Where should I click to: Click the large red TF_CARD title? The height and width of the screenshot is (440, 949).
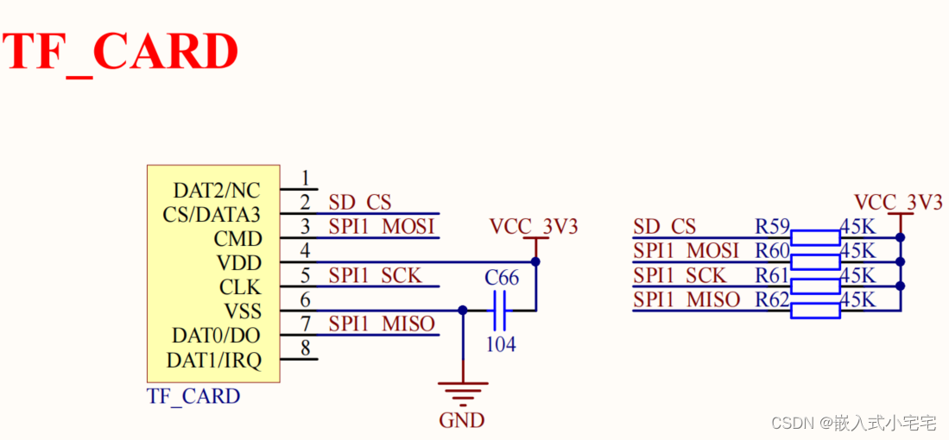(x=121, y=53)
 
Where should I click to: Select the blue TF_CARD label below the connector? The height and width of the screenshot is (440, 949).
(x=193, y=396)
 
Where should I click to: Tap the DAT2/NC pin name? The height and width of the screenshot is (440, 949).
(x=216, y=190)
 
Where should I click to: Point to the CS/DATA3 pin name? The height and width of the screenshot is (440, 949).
(x=211, y=214)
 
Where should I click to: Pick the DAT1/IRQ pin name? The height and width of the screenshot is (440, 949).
(x=216, y=360)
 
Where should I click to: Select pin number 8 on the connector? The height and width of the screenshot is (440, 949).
(x=305, y=348)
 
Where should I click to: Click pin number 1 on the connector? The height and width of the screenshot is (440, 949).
(x=305, y=179)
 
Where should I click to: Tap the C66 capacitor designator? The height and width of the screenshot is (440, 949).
(x=502, y=279)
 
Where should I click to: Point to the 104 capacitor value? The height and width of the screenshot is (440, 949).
(x=500, y=344)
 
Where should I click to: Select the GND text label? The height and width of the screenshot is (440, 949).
(x=462, y=421)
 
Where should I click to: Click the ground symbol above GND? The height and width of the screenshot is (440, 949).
(x=463, y=392)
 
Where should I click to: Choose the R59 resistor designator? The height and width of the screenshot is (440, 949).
(x=772, y=227)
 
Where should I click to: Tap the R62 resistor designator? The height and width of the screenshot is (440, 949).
(x=772, y=300)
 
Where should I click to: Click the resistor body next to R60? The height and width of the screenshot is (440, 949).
(x=815, y=261)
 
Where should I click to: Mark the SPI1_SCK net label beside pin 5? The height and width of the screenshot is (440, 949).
(x=375, y=275)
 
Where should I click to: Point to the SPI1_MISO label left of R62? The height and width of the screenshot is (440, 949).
(x=686, y=300)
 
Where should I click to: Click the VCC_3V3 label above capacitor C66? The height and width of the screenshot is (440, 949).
(x=534, y=227)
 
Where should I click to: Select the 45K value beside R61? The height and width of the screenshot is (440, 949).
(x=857, y=276)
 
